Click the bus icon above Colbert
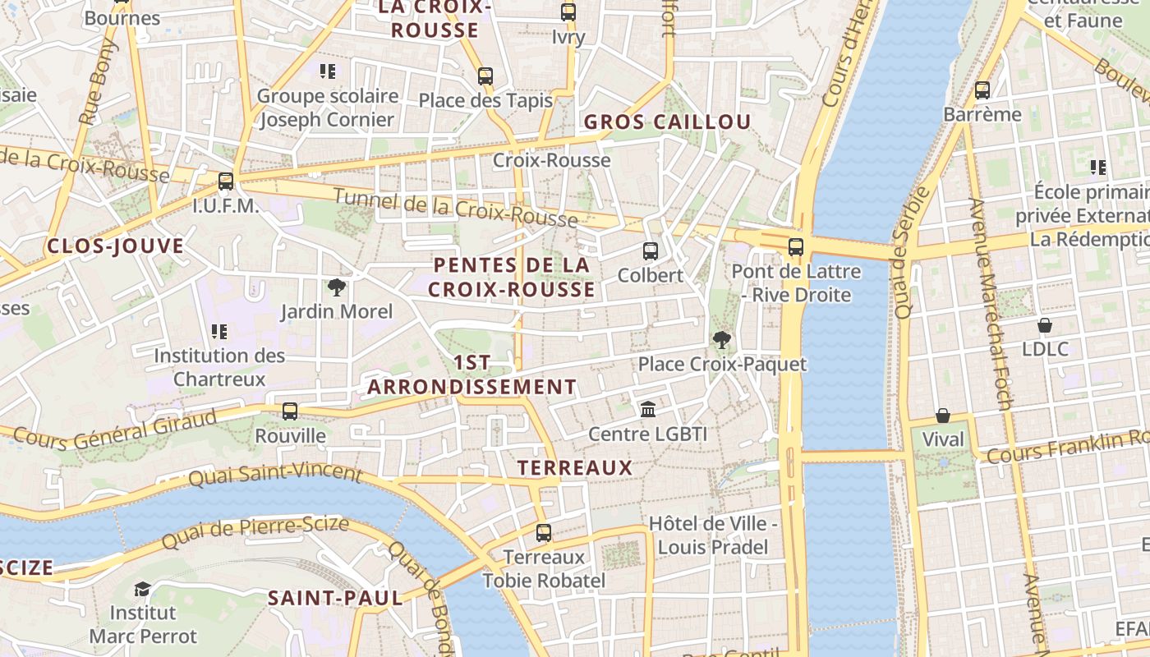pyautogui.click(x=650, y=251)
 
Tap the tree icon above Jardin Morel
pyautogui.click(x=336, y=287)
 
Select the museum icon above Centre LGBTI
pyautogui.click(x=648, y=409)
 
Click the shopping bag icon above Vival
pyautogui.click(x=943, y=416)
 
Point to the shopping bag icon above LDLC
pyautogui.click(x=1045, y=325)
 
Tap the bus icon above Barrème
pyautogui.click(x=982, y=90)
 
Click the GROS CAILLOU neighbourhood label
pyautogui.click(x=667, y=122)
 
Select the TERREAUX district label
pyautogui.click(x=575, y=468)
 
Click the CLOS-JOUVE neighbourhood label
pyautogui.click(x=115, y=246)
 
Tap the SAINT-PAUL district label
pyautogui.click(x=335, y=598)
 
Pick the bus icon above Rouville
pyautogui.click(x=290, y=411)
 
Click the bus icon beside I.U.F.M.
pyautogui.click(x=226, y=181)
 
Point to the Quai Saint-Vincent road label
pyautogui.click(x=275, y=474)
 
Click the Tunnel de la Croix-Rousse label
pyautogui.click(x=456, y=207)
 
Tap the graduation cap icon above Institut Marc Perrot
pyautogui.click(x=143, y=589)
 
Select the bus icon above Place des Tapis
pyautogui.click(x=485, y=76)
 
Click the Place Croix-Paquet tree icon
pyautogui.click(x=722, y=339)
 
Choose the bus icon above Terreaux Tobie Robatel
pyautogui.click(x=544, y=533)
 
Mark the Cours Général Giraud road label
pyautogui.click(x=115, y=430)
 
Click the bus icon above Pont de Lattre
pyautogui.click(x=795, y=247)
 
